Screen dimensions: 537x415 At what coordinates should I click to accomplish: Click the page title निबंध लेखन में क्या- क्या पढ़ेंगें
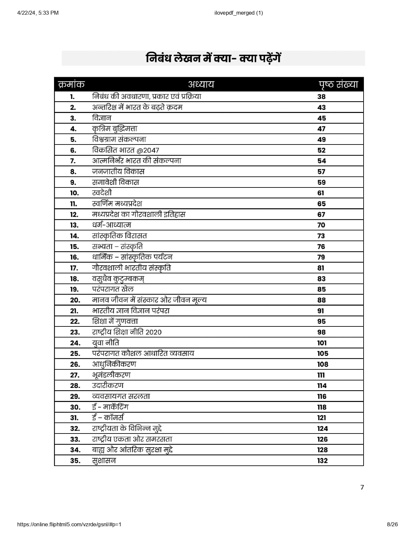[x=213, y=59]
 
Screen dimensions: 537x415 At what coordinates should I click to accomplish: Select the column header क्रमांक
[x=71, y=85]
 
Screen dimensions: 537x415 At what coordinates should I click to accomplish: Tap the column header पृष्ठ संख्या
[x=338, y=85]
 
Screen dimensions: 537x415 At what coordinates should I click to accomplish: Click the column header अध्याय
[x=201, y=85]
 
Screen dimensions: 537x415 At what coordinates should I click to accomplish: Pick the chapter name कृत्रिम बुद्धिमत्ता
[x=115, y=129]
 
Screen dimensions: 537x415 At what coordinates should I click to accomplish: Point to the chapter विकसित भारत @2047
[x=126, y=150]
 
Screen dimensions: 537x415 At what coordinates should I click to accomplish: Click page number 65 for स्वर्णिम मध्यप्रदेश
[x=321, y=204]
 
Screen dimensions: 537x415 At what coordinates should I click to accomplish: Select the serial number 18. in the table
[x=74, y=279]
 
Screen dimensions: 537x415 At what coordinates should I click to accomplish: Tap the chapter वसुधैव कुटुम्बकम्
[x=118, y=279]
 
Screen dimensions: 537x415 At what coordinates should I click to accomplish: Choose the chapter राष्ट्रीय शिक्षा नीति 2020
[x=127, y=332]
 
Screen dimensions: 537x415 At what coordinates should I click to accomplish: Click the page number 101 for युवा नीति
[x=322, y=343]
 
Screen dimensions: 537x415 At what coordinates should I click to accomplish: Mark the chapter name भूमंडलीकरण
[x=111, y=375]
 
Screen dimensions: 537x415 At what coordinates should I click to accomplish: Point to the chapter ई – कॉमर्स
[x=108, y=418]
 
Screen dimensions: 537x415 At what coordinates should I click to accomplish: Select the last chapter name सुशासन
[x=104, y=461]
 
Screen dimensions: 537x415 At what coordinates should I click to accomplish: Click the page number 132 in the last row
[x=322, y=461]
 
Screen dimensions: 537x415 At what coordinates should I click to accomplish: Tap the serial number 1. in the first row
[x=72, y=97]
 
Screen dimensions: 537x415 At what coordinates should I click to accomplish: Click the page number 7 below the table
[x=362, y=487]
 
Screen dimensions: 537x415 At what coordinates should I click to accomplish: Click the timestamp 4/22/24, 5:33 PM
[x=38, y=13]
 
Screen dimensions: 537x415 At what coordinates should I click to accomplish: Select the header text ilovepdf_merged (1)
[x=239, y=13]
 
